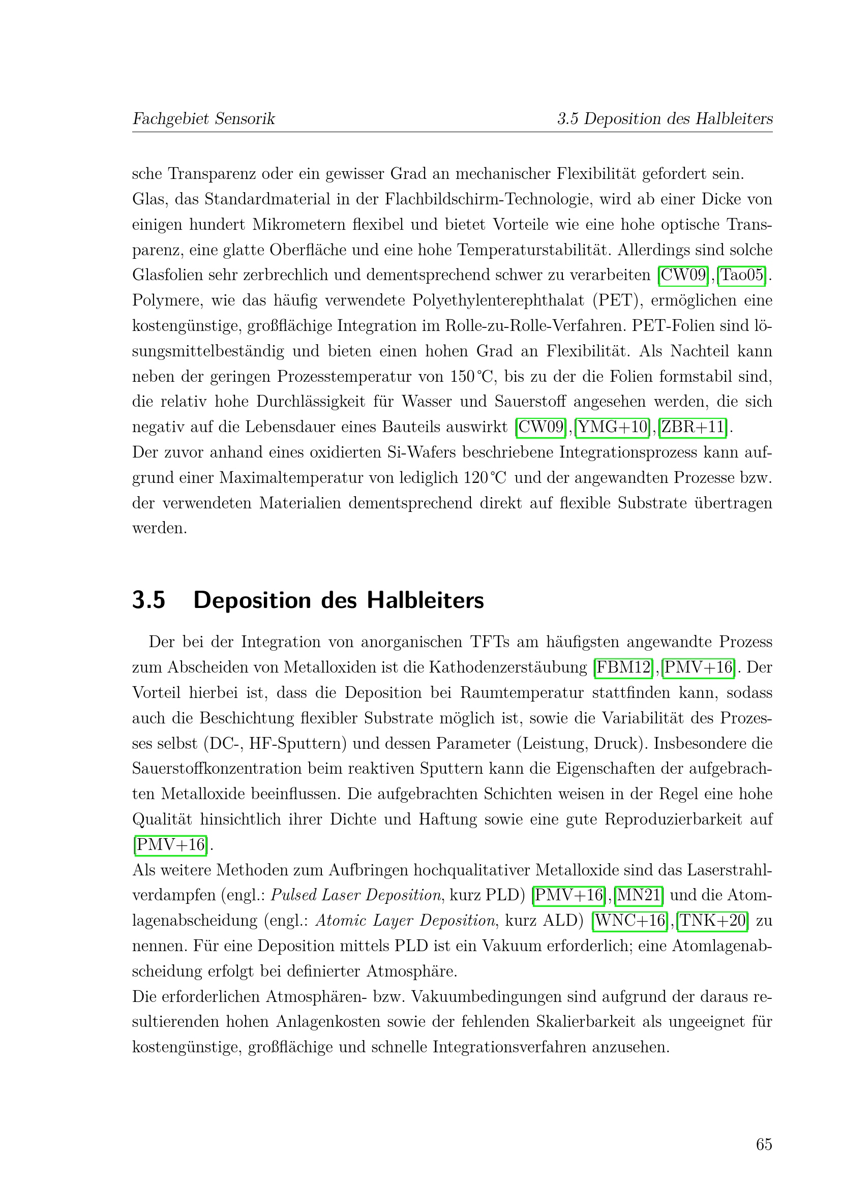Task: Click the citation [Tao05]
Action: pos(742,275)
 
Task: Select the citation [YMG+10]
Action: pos(613,427)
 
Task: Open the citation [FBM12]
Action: pos(623,667)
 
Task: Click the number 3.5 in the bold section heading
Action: pos(148,600)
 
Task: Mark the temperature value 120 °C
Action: pos(485,477)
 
